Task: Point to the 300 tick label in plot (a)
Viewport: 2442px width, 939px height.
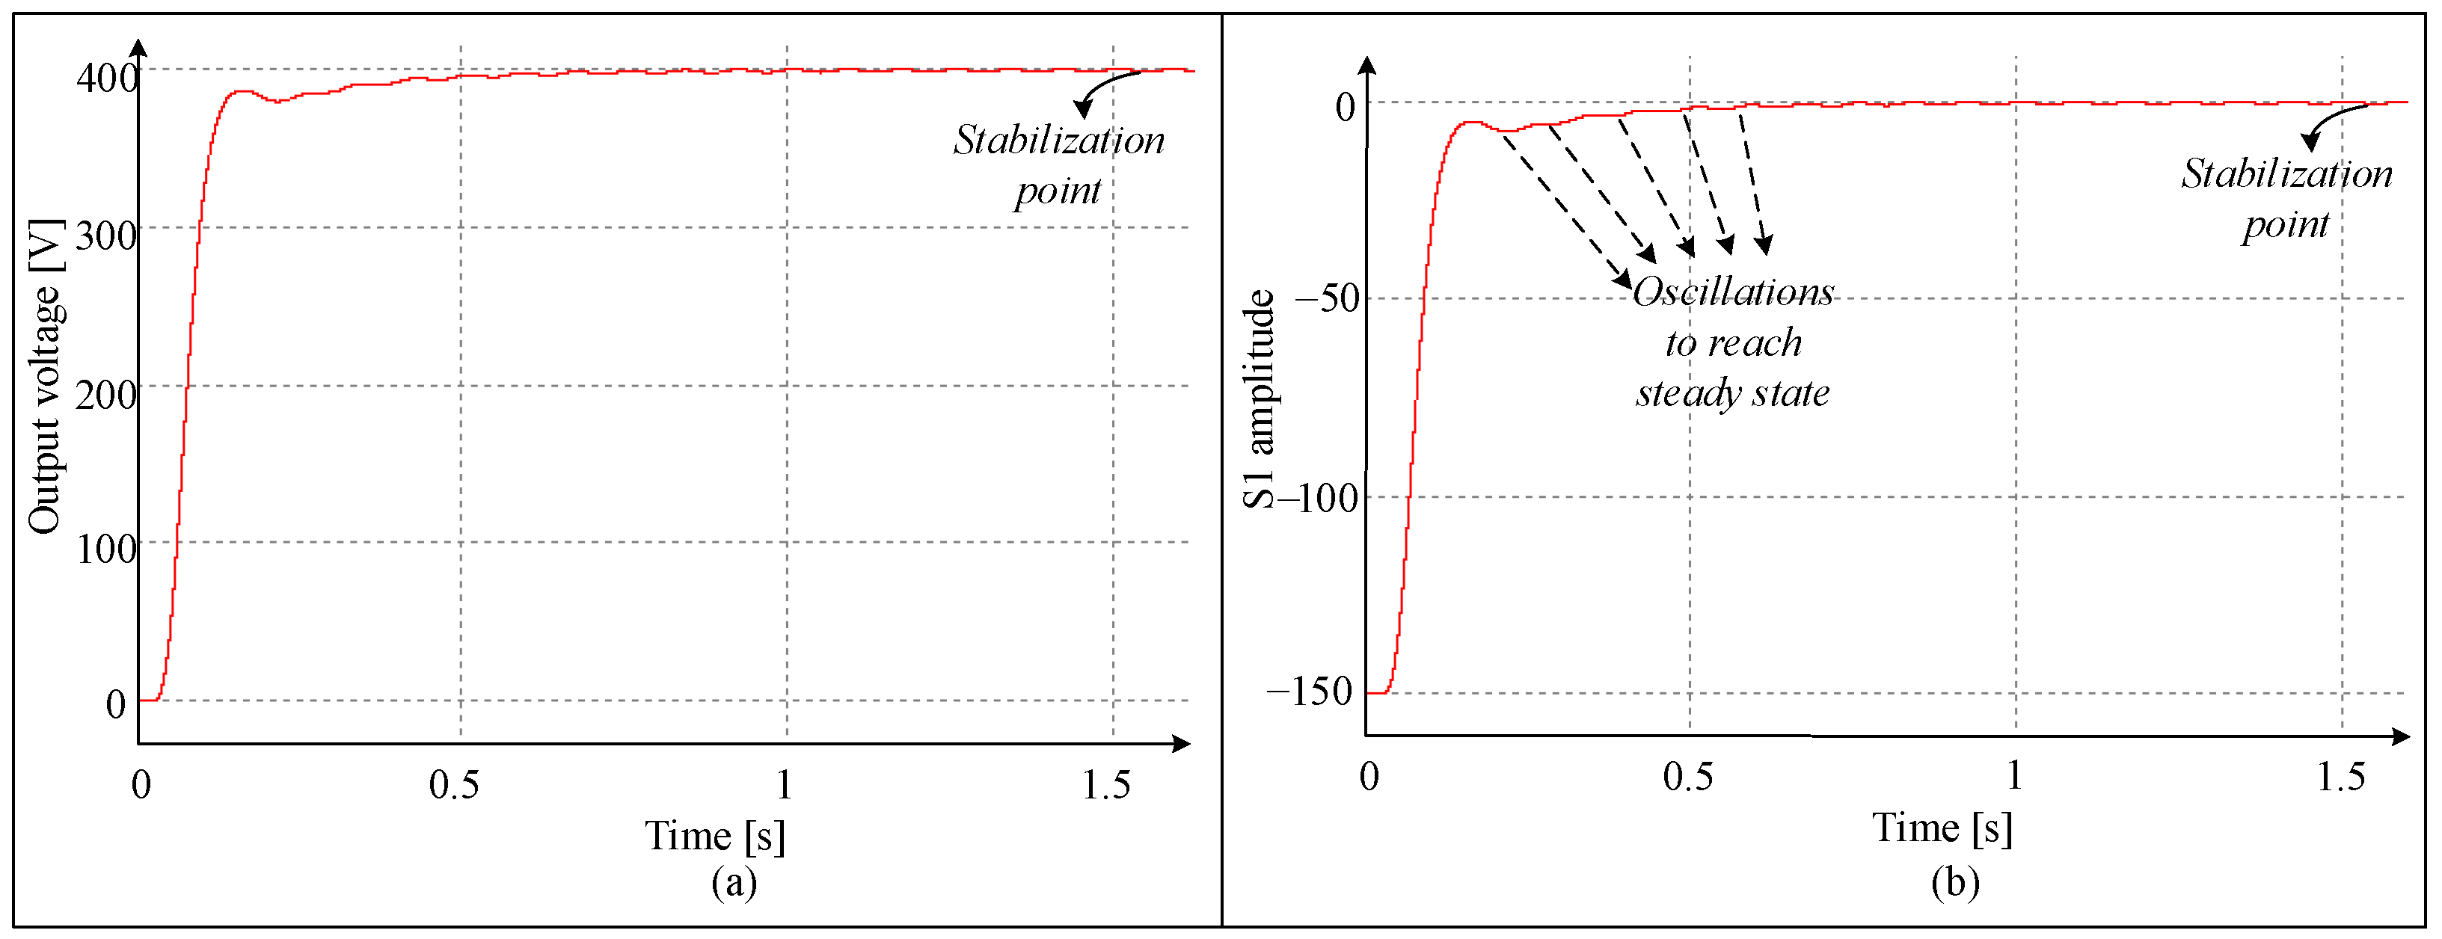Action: pos(105,235)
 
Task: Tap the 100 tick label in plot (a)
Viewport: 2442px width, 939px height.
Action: pos(105,549)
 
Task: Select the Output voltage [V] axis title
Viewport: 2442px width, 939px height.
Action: pos(45,377)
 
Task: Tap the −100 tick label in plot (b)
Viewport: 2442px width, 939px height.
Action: pos(1318,496)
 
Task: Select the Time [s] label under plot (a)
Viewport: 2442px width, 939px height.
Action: pos(715,836)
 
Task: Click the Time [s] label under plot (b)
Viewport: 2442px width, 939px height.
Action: pos(1942,827)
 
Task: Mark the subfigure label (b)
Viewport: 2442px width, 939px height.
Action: pos(1955,882)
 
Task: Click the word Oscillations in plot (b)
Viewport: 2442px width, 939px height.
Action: pos(1733,292)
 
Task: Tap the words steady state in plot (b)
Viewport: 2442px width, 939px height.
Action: pos(1732,392)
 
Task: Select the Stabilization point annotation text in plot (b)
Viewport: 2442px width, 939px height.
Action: pos(2286,199)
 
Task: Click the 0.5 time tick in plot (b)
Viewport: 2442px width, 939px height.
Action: pos(1687,777)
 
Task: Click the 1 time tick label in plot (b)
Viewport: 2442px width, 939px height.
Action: pos(2013,775)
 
